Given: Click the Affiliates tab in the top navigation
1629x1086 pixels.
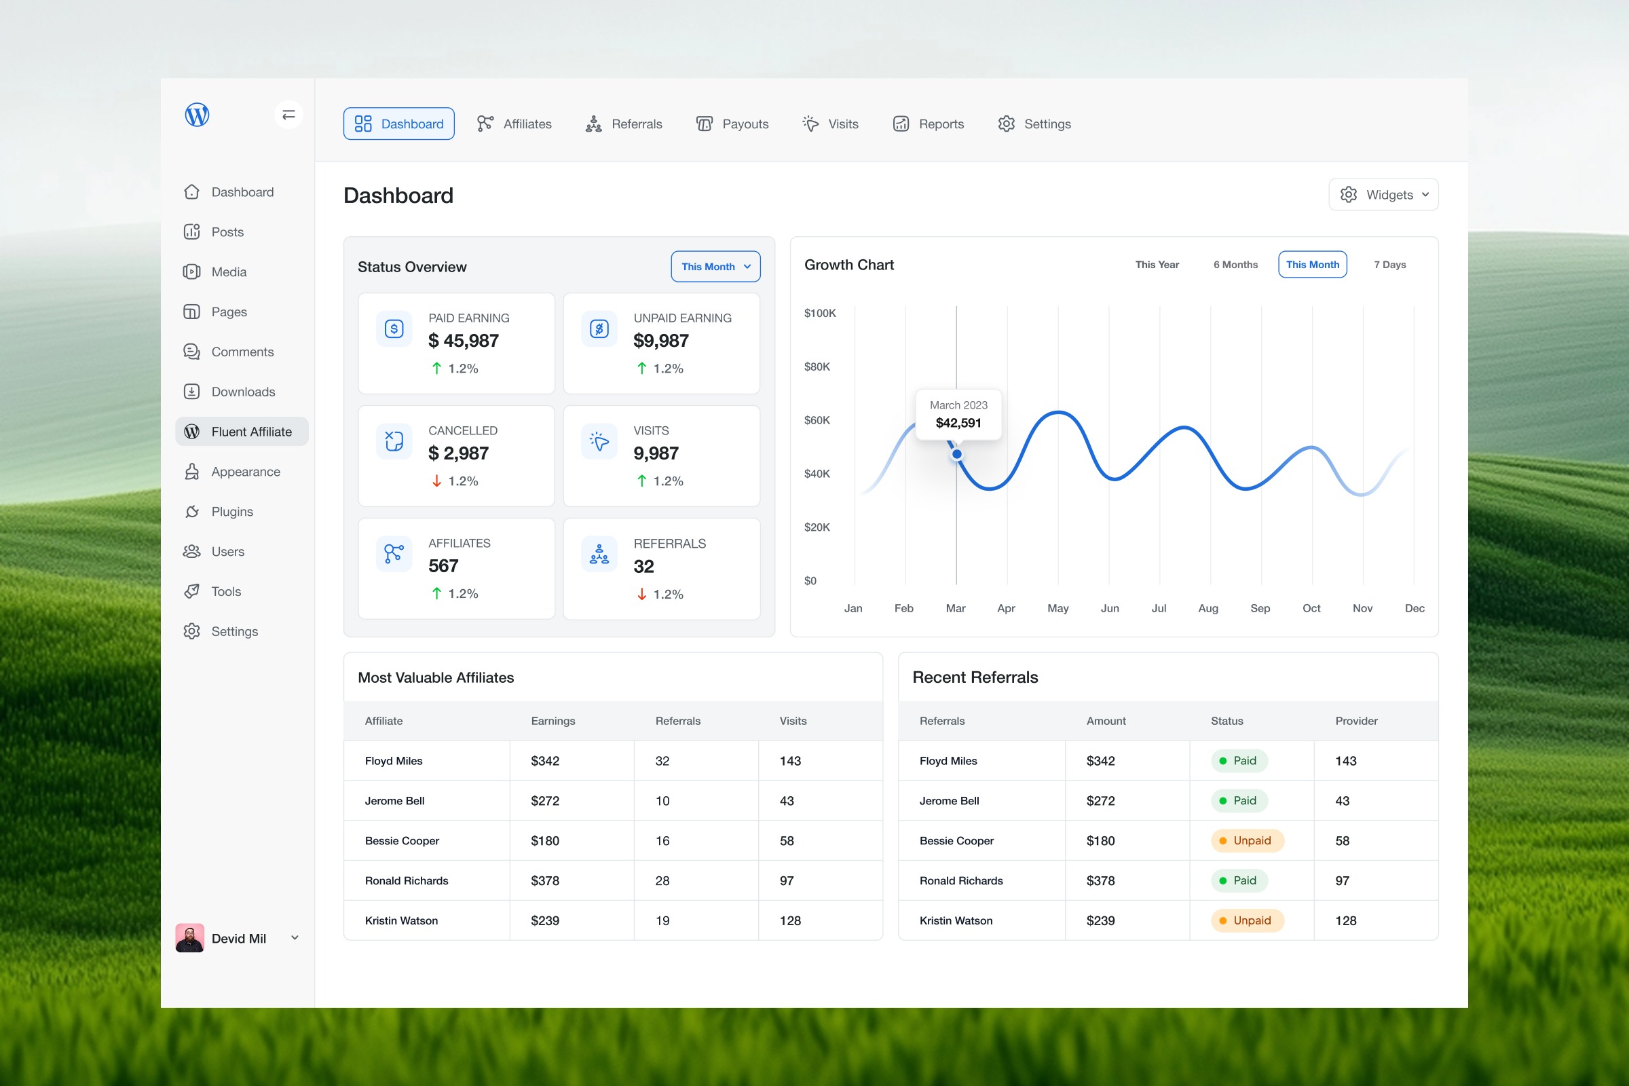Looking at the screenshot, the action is tap(514, 124).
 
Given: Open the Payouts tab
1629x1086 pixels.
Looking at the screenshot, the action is tap(732, 124).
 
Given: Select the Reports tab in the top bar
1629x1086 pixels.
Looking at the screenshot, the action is tap(928, 124).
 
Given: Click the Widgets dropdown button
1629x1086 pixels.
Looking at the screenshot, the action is tap(1383, 195).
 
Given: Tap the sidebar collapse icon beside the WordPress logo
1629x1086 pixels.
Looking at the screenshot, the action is tap(289, 114).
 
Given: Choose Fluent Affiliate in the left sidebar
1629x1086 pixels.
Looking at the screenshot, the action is tap(242, 432).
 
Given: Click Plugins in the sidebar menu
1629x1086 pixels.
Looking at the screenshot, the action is tap(219, 512).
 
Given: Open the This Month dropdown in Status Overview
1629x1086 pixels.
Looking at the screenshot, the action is tap(715, 267).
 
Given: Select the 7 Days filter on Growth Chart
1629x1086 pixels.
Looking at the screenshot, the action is tap(1389, 265).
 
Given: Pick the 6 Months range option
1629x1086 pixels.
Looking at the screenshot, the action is tap(1235, 265).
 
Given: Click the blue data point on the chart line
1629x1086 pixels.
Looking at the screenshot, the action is tap(956, 454).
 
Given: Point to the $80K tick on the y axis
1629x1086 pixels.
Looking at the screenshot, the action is tap(817, 367).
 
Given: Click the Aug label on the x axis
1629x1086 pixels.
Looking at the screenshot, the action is tap(1208, 608).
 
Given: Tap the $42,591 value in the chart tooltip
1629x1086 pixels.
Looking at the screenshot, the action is tap(958, 423).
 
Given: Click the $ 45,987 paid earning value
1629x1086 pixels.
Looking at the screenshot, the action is tap(464, 341).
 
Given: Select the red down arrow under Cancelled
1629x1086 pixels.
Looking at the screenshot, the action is tap(436, 481).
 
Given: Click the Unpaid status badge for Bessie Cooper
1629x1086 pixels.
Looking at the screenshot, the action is tap(1247, 841).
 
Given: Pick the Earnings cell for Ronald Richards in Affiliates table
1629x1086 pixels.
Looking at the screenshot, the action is tap(545, 881).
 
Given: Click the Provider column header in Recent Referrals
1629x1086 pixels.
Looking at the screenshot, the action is tap(1356, 721).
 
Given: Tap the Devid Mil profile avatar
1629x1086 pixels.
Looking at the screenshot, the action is tap(190, 938).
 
